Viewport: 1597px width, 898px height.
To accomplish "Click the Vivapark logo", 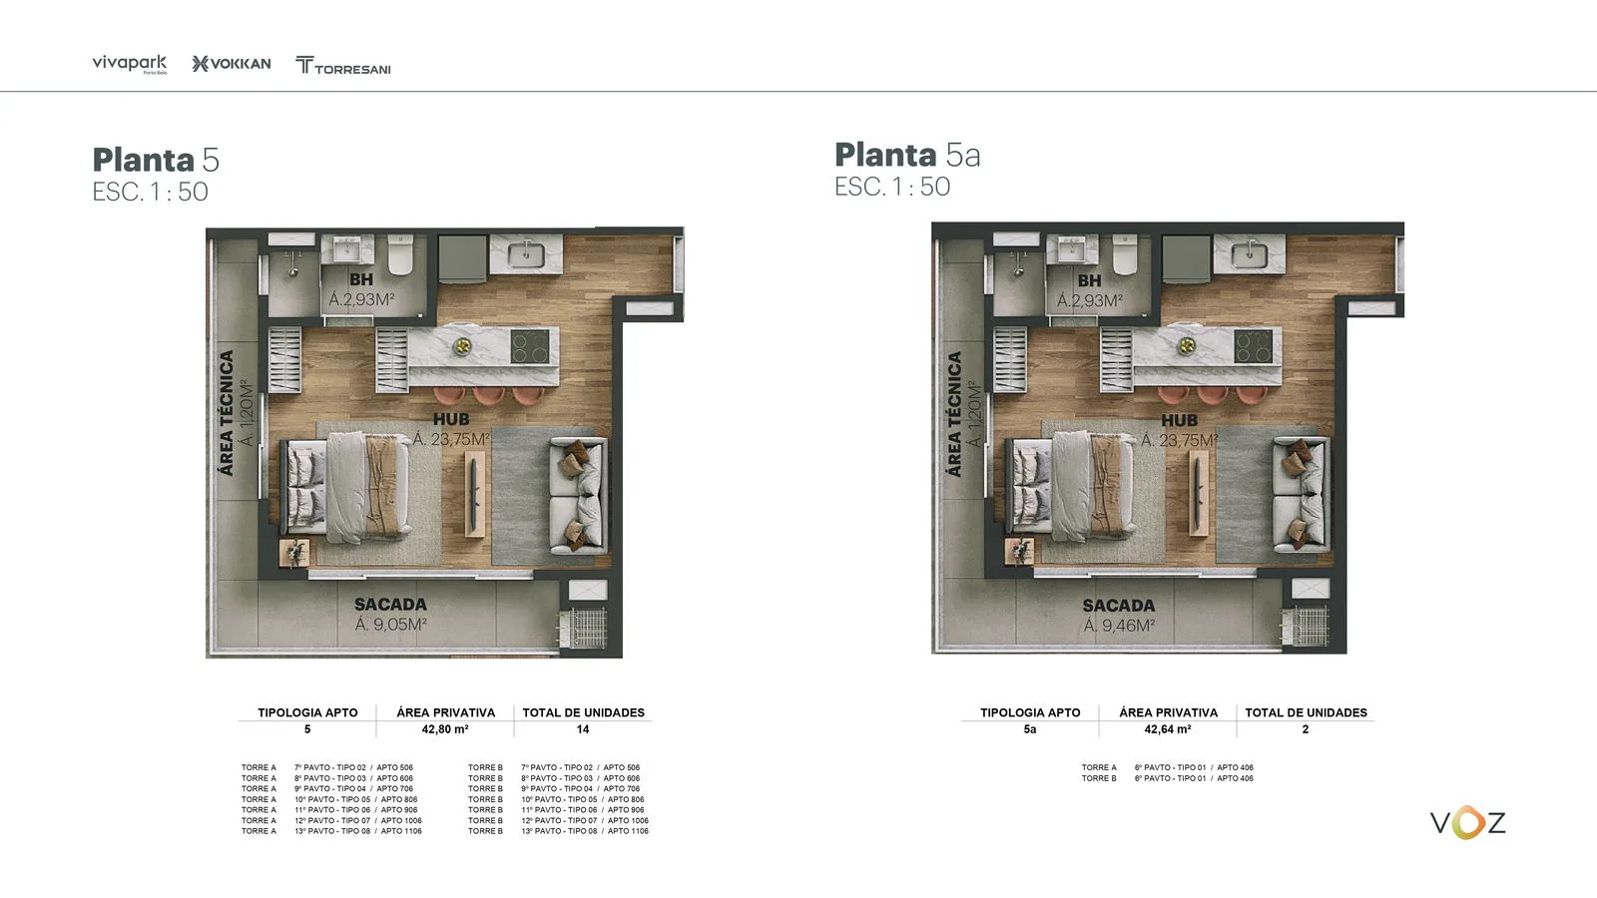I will (130, 64).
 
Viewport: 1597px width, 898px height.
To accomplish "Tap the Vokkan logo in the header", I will (232, 64).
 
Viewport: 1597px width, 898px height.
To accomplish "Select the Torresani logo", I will (343, 66).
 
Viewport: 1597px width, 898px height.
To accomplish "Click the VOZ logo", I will (1467, 823).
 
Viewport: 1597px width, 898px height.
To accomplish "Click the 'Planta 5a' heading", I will (907, 156).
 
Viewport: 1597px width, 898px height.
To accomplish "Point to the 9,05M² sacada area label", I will (391, 625).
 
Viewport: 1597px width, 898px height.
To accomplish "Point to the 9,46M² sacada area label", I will (1119, 626).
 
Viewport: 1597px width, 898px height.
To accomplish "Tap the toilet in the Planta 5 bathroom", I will (400, 255).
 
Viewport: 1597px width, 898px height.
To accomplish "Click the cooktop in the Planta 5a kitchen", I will (1254, 346).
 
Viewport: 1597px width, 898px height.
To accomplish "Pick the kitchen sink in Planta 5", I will (526, 254).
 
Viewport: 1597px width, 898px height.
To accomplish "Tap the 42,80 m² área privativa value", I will (445, 729).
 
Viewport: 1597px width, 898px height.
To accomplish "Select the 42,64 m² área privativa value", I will (1168, 729).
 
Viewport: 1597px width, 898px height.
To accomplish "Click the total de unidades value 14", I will (583, 729).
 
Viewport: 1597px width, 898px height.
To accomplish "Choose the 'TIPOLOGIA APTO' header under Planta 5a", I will (1030, 712).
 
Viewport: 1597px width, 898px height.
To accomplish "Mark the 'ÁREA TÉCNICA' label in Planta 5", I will (227, 413).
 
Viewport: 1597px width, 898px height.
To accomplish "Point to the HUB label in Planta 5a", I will (1179, 421).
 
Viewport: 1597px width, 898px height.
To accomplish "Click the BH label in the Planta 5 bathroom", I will (361, 280).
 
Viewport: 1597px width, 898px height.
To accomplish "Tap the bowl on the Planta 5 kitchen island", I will (462, 346).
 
